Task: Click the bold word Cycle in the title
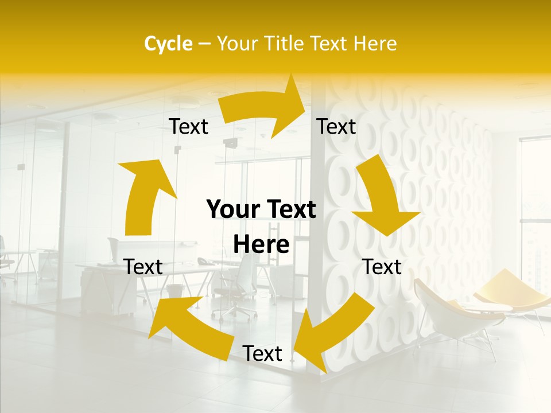pos(168,44)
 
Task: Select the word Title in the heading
pos(285,44)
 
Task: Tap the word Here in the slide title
pos(375,44)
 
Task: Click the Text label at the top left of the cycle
pos(188,127)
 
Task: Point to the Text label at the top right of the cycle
pos(336,127)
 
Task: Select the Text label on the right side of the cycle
pos(382,267)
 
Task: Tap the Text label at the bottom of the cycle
pos(262,353)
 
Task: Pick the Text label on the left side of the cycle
pos(143,267)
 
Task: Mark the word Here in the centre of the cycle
pos(261,244)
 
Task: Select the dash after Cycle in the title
pos(204,44)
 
